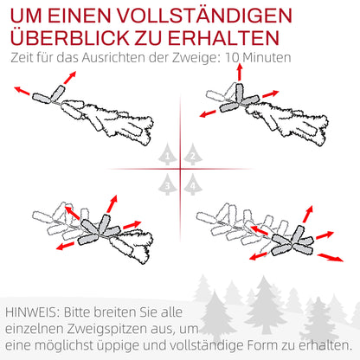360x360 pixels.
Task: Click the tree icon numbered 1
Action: tap(169, 155)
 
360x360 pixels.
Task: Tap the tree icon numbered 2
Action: tap(191, 155)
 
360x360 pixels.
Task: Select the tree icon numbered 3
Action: tap(169, 183)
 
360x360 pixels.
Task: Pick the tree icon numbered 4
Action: tap(191, 183)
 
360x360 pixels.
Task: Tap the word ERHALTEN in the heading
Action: tap(227, 39)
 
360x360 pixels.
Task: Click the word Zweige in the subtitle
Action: tap(187, 57)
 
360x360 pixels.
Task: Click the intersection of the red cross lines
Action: tap(180, 169)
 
